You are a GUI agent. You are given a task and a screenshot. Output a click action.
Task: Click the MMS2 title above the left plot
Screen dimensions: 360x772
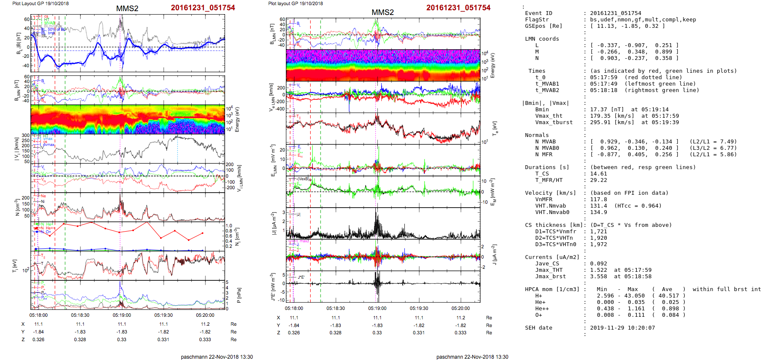click(127, 9)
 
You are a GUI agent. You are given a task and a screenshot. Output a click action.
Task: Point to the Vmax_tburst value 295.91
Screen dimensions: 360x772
click(602, 122)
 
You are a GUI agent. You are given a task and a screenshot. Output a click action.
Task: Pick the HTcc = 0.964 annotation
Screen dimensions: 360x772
click(638, 206)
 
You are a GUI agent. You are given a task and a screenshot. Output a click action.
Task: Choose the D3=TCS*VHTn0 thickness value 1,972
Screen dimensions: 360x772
click(598, 244)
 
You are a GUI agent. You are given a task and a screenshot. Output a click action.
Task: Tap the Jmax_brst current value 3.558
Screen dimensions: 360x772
click(598, 277)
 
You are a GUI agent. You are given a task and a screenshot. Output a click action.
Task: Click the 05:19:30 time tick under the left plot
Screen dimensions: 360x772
click(163, 315)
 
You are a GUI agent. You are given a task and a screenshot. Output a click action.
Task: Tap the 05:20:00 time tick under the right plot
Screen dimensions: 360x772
click(460, 308)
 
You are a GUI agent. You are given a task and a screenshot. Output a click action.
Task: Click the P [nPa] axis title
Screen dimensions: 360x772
click(238, 295)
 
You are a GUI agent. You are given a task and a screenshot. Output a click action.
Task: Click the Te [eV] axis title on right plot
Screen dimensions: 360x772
click(495, 128)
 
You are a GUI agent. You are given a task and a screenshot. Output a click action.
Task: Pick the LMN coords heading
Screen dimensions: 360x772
click(542, 39)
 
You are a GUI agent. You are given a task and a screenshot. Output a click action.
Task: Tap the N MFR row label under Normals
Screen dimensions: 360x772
click(543, 155)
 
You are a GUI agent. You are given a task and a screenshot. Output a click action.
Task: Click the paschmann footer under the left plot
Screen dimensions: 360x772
click(217, 357)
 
